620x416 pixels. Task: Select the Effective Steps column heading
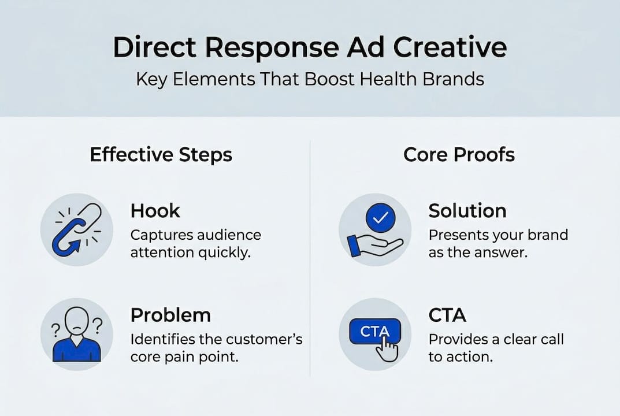(x=161, y=155)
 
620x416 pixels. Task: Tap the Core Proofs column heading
(x=459, y=155)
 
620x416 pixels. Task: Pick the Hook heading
(x=155, y=211)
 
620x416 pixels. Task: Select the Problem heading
(x=170, y=315)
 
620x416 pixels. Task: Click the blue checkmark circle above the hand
(x=381, y=218)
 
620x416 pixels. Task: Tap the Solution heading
(x=467, y=211)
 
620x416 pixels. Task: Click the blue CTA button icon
(x=374, y=332)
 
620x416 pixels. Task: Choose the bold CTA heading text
(x=447, y=315)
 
